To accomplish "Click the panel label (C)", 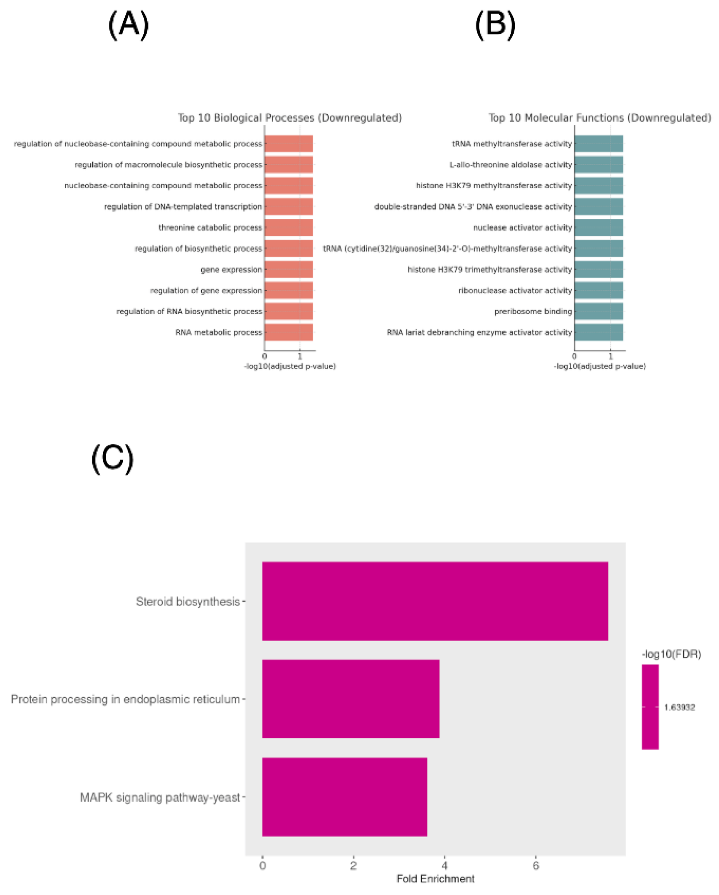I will coord(112,458).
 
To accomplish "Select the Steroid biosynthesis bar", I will coord(435,601).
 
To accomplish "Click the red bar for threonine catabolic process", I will coord(288,227).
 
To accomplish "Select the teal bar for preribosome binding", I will coord(598,312).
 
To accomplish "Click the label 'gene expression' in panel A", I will coord(231,270).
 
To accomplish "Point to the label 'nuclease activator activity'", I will coord(522,227).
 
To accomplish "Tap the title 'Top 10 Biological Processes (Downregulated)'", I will coord(290,118).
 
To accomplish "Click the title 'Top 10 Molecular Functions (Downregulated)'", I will coord(599,118).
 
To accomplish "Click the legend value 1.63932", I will coord(679,707).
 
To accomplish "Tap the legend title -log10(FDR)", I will coord(671,654).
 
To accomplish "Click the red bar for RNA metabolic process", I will coord(288,332).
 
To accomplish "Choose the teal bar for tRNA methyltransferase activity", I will coord(598,144).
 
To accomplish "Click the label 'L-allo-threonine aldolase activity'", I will coord(510,165).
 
